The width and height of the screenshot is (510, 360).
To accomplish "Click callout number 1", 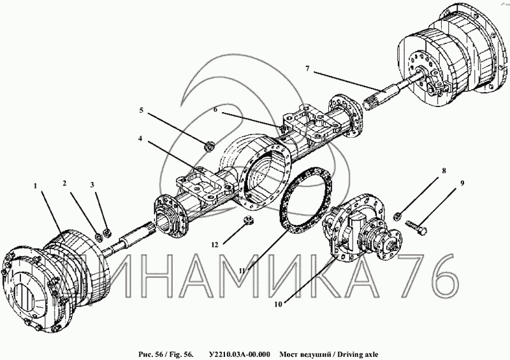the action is pyautogui.click(x=36, y=186).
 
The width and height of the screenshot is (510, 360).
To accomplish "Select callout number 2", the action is pyautogui.click(x=65, y=184).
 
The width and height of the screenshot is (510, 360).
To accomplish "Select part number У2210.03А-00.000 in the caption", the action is pyautogui.click(x=236, y=353).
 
